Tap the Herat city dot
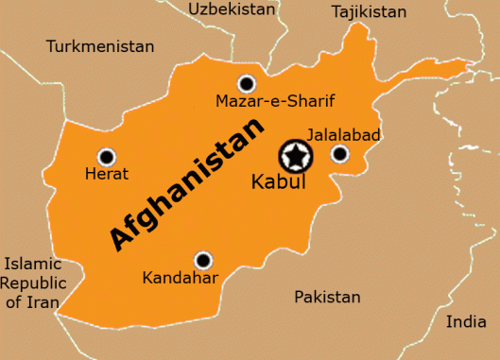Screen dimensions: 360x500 pos(106,157)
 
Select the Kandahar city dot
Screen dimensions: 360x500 pos(202,260)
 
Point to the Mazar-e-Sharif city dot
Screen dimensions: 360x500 pos(247,83)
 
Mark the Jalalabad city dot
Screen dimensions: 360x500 pos(339,154)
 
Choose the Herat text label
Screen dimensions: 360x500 pos(107,175)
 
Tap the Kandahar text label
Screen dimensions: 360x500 pos(180,278)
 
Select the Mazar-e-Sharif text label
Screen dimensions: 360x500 pos(275,101)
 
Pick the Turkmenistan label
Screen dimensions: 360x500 pos(99,45)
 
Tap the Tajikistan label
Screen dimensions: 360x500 pos(369,12)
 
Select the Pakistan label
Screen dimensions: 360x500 pos(327,297)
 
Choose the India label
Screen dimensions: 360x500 pos(466,321)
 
